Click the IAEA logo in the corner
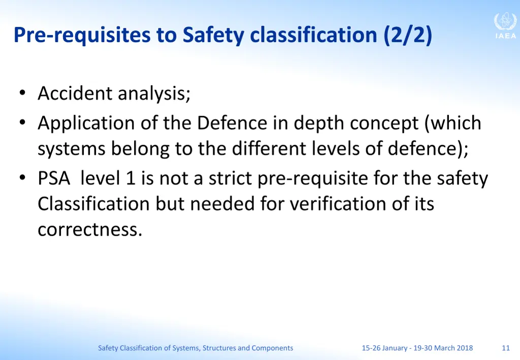click(505, 26)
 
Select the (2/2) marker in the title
click(408, 36)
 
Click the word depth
click(319, 123)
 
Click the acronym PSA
click(54, 179)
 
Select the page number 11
click(505, 348)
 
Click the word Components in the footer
click(272, 348)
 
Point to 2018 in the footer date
click(465, 348)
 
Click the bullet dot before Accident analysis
click(22, 93)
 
